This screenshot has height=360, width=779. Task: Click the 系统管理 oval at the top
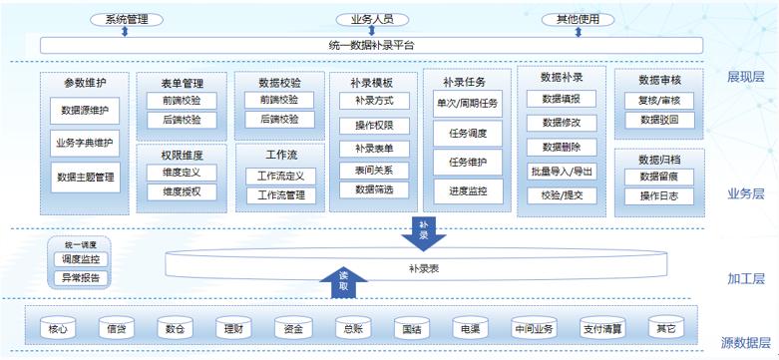click(125, 19)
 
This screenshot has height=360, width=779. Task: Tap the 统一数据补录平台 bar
click(371, 45)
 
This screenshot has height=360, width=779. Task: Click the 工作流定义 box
click(280, 176)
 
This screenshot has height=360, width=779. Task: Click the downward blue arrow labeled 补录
click(424, 234)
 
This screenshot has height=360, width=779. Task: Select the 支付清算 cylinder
click(604, 328)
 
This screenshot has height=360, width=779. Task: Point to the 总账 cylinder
click(351, 328)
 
